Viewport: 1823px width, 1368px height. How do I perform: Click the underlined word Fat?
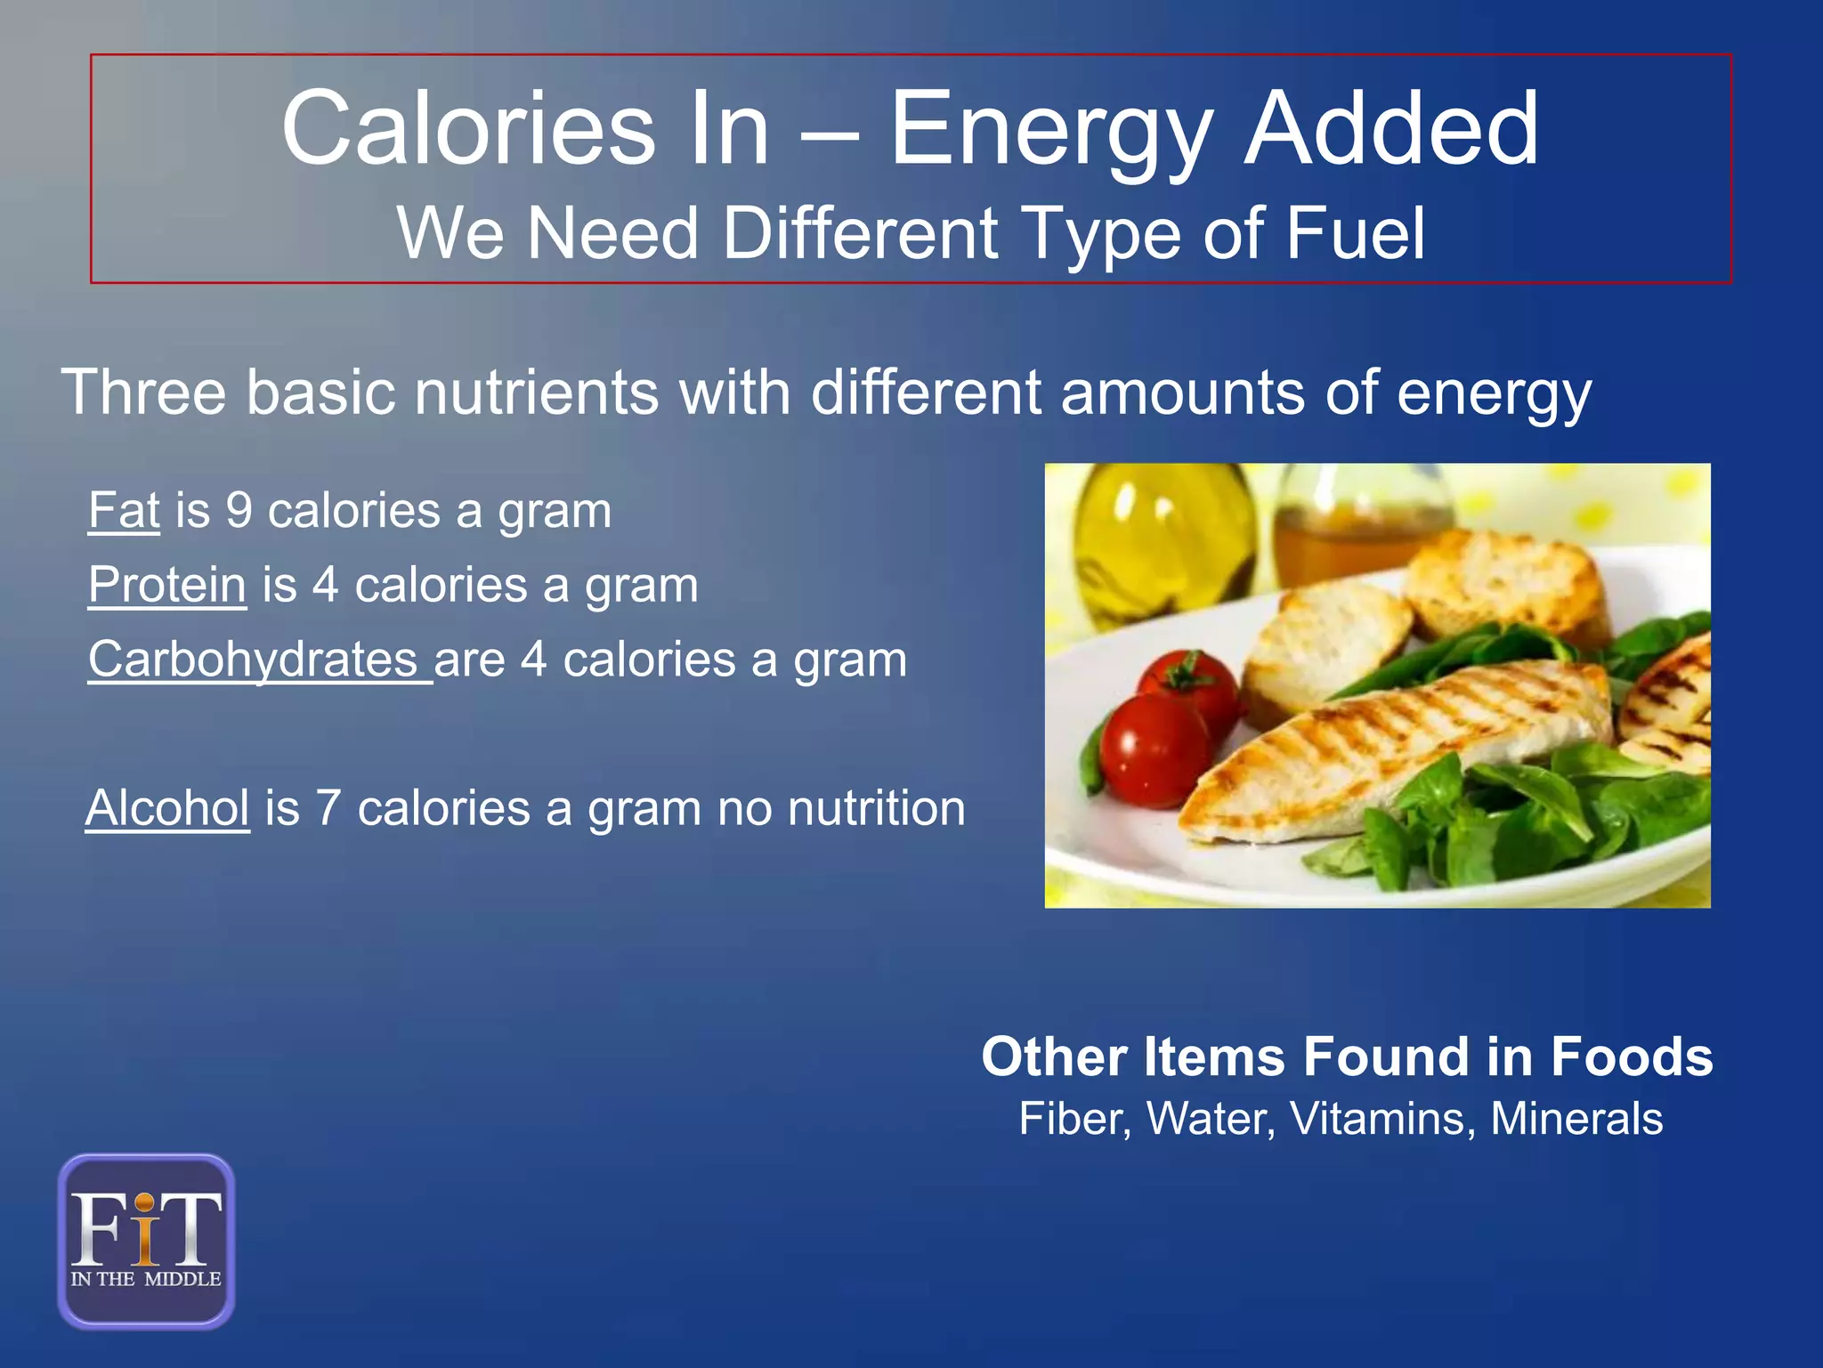[124, 511]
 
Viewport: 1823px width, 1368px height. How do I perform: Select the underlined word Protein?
[167, 586]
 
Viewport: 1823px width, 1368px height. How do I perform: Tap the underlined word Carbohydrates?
[254, 660]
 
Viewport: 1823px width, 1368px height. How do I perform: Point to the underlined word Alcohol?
[167, 808]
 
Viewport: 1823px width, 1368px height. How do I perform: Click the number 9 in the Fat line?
[239, 511]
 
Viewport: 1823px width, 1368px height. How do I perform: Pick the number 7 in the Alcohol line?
[328, 808]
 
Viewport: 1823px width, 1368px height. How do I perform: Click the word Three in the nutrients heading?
[143, 392]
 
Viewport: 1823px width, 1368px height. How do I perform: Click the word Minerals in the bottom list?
[1576, 1119]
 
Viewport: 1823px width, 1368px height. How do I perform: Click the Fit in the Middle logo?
[146, 1241]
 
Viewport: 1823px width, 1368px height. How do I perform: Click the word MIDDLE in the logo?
[182, 1279]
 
